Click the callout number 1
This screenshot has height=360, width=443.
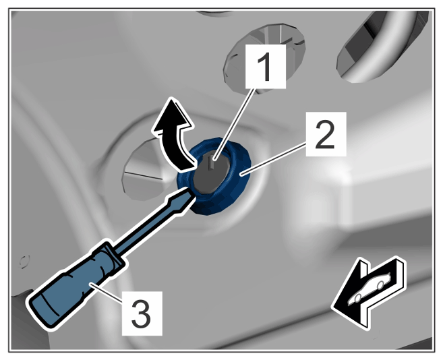(x=265, y=67)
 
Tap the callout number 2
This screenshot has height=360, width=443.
(x=326, y=133)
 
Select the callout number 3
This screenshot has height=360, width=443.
(x=142, y=313)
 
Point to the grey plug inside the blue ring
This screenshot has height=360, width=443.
(x=212, y=173)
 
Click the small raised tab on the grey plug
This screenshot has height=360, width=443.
(x=212, y=163)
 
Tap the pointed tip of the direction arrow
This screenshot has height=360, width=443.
(x=332, y=307)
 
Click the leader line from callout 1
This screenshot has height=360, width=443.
(x=234, y=125)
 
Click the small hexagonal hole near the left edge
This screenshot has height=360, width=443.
(x=24, y=262)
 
